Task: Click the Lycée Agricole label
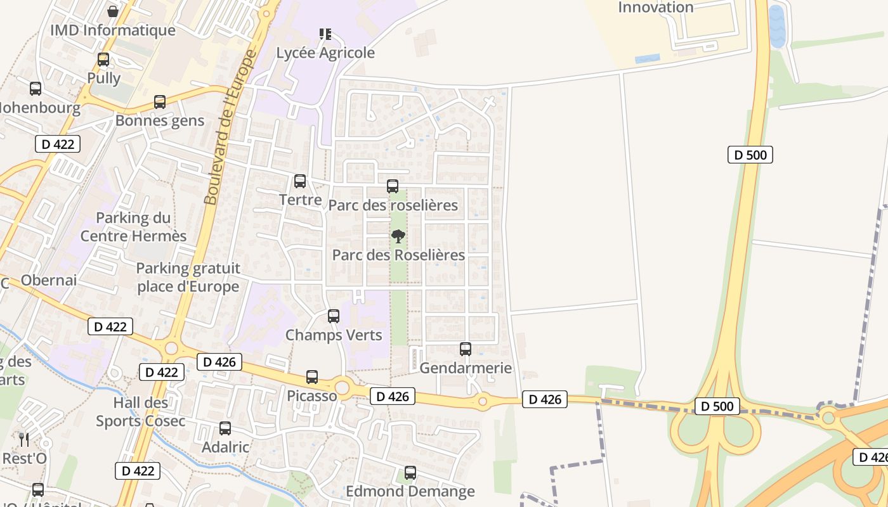point(325,53)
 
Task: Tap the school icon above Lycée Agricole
point(325,34)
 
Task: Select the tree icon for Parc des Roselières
point(398,237)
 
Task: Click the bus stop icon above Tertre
point(300,181)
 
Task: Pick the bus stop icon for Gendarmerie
point(466,349)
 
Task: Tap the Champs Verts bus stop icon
point(334,316)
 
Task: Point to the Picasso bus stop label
point(312,396)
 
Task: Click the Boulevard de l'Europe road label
point(230,127)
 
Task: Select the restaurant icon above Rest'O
point(24,439)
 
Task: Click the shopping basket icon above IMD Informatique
point(113,11)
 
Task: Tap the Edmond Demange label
point(410,491)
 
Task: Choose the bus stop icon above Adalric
point(225,428)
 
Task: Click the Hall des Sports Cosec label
point(141,412)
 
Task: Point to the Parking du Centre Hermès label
point(133,227)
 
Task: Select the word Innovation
point(656,8)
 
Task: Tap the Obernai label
point(49,280)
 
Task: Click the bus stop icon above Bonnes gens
point(160,102)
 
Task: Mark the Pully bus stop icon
point(103,60)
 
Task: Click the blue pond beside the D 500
point(777,27)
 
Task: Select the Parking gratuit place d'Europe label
point(188,277)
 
